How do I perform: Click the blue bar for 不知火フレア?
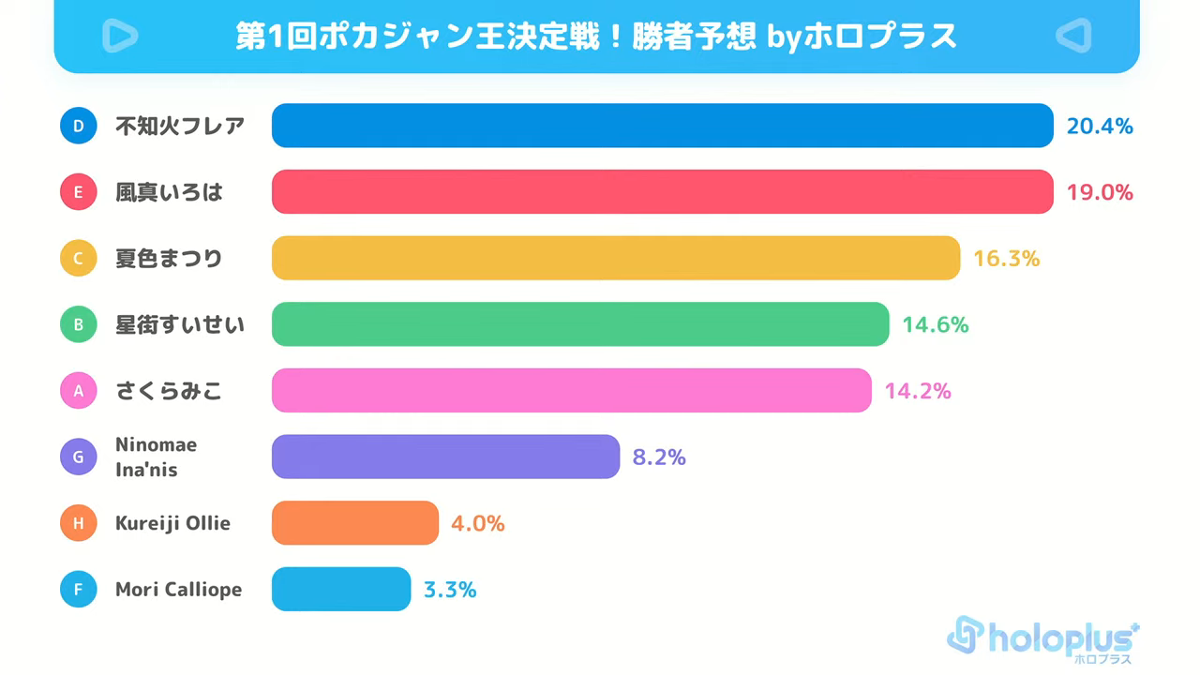click(x=662, y=126)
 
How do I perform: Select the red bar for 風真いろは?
click(x=662, y=192)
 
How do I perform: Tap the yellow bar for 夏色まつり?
click(x=616, y=258)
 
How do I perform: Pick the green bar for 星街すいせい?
click(x=580, y=324)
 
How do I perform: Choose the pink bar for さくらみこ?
click(x=572, y=390)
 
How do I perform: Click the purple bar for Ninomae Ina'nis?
click(x=445, y=457)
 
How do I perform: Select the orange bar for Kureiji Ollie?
click(x=355, y=523)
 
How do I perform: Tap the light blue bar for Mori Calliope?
click(x=341, y=589)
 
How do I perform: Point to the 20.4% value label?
click(x=1100, y=127)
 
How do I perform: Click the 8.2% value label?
click(x=659, y=457)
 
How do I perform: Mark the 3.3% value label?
click(x=450, y=590)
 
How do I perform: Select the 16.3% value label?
click(x=1006, y=259)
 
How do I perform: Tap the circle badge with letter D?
click(x=78, y=126)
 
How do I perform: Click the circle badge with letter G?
click(x=78, y=457)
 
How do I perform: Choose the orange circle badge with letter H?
click(x=78, y=523)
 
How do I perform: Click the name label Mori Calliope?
click(x=178, y=590)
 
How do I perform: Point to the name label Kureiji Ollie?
click(x=172, y=523)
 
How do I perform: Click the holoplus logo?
click(x=1042, y=640)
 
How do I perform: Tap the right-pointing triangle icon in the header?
click(x=120, y=36)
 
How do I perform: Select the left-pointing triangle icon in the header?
click(x=1073, y=36)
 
